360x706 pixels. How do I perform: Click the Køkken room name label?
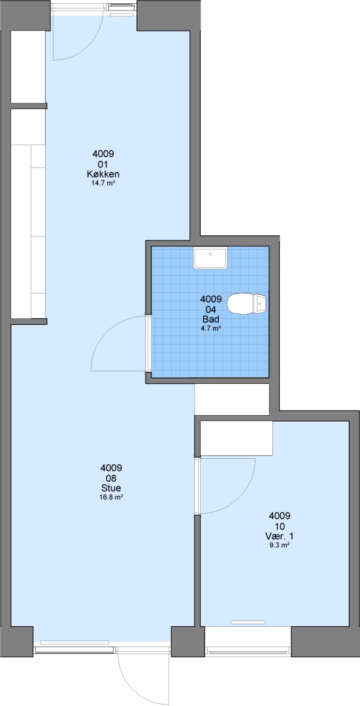click(x=103, y=175)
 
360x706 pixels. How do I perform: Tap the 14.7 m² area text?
click(x=103, y=183)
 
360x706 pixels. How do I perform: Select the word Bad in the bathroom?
click(x=210, y=320)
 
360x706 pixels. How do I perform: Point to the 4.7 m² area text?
click(x=210, y=329)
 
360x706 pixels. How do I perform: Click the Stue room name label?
click(x=111, y=488)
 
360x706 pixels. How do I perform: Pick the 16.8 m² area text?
click(x=111, y=497)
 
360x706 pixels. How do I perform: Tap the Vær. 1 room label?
click(x=280, y=536)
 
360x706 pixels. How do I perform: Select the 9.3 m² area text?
click(x=280, y=545)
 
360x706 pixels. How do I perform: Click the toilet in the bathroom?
click(x=247, y=304)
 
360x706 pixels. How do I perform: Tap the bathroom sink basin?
click(x=210, y=258)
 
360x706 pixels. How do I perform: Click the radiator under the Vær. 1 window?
click(x=248, y=622)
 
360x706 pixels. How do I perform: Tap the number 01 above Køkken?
click(x=103, y=164)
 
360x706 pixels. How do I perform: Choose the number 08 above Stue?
click(x=111, y=478)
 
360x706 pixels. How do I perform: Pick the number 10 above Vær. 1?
click(x=280, y=526)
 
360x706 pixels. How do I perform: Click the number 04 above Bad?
click(x=210, y=309)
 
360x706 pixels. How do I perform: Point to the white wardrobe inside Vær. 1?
click(x=237, y=438)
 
